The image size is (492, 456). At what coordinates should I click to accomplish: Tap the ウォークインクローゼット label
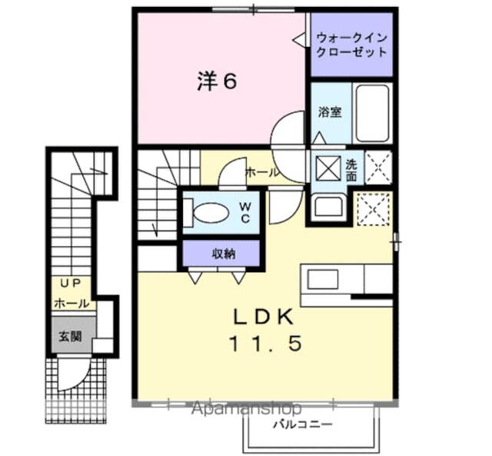point(351,43)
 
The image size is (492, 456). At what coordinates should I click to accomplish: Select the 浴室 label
point(331,112)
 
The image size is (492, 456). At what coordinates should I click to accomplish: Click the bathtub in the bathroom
point(372,114)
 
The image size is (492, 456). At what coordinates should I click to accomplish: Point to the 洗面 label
point(351,169)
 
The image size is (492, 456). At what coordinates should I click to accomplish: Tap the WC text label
point(244,212)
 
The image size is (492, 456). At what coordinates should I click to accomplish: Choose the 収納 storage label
point(224,253)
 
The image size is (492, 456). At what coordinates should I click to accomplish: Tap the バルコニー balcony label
point(304,424)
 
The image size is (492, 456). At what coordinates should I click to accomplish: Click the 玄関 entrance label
point(69,336)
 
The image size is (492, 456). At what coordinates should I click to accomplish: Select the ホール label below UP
point(71,304)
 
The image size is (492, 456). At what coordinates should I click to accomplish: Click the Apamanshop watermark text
point(246,408)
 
